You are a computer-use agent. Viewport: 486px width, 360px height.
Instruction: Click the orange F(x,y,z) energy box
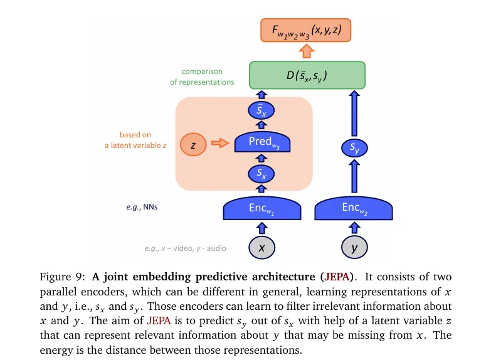coord(305,31)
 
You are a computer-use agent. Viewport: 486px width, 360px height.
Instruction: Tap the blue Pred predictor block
coord(261,143)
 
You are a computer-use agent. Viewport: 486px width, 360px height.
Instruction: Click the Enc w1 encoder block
coord(261,208)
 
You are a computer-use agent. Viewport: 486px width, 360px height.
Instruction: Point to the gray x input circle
coord(261,248)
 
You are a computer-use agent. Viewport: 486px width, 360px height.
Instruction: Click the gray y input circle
coord(354,248)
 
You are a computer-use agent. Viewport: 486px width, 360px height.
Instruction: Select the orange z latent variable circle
coord(193,145)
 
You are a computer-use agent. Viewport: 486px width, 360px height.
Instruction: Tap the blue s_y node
coord(354,149)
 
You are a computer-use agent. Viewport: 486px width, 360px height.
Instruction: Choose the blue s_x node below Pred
coord(261,173)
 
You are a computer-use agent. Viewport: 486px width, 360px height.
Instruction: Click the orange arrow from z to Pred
coord(219,144)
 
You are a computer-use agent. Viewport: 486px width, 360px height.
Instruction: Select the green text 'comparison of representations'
coord(202,77)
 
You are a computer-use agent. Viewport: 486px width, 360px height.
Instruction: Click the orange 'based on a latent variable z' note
coord(135,140)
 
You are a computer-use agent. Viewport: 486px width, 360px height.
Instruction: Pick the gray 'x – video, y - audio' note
coord(185,248)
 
